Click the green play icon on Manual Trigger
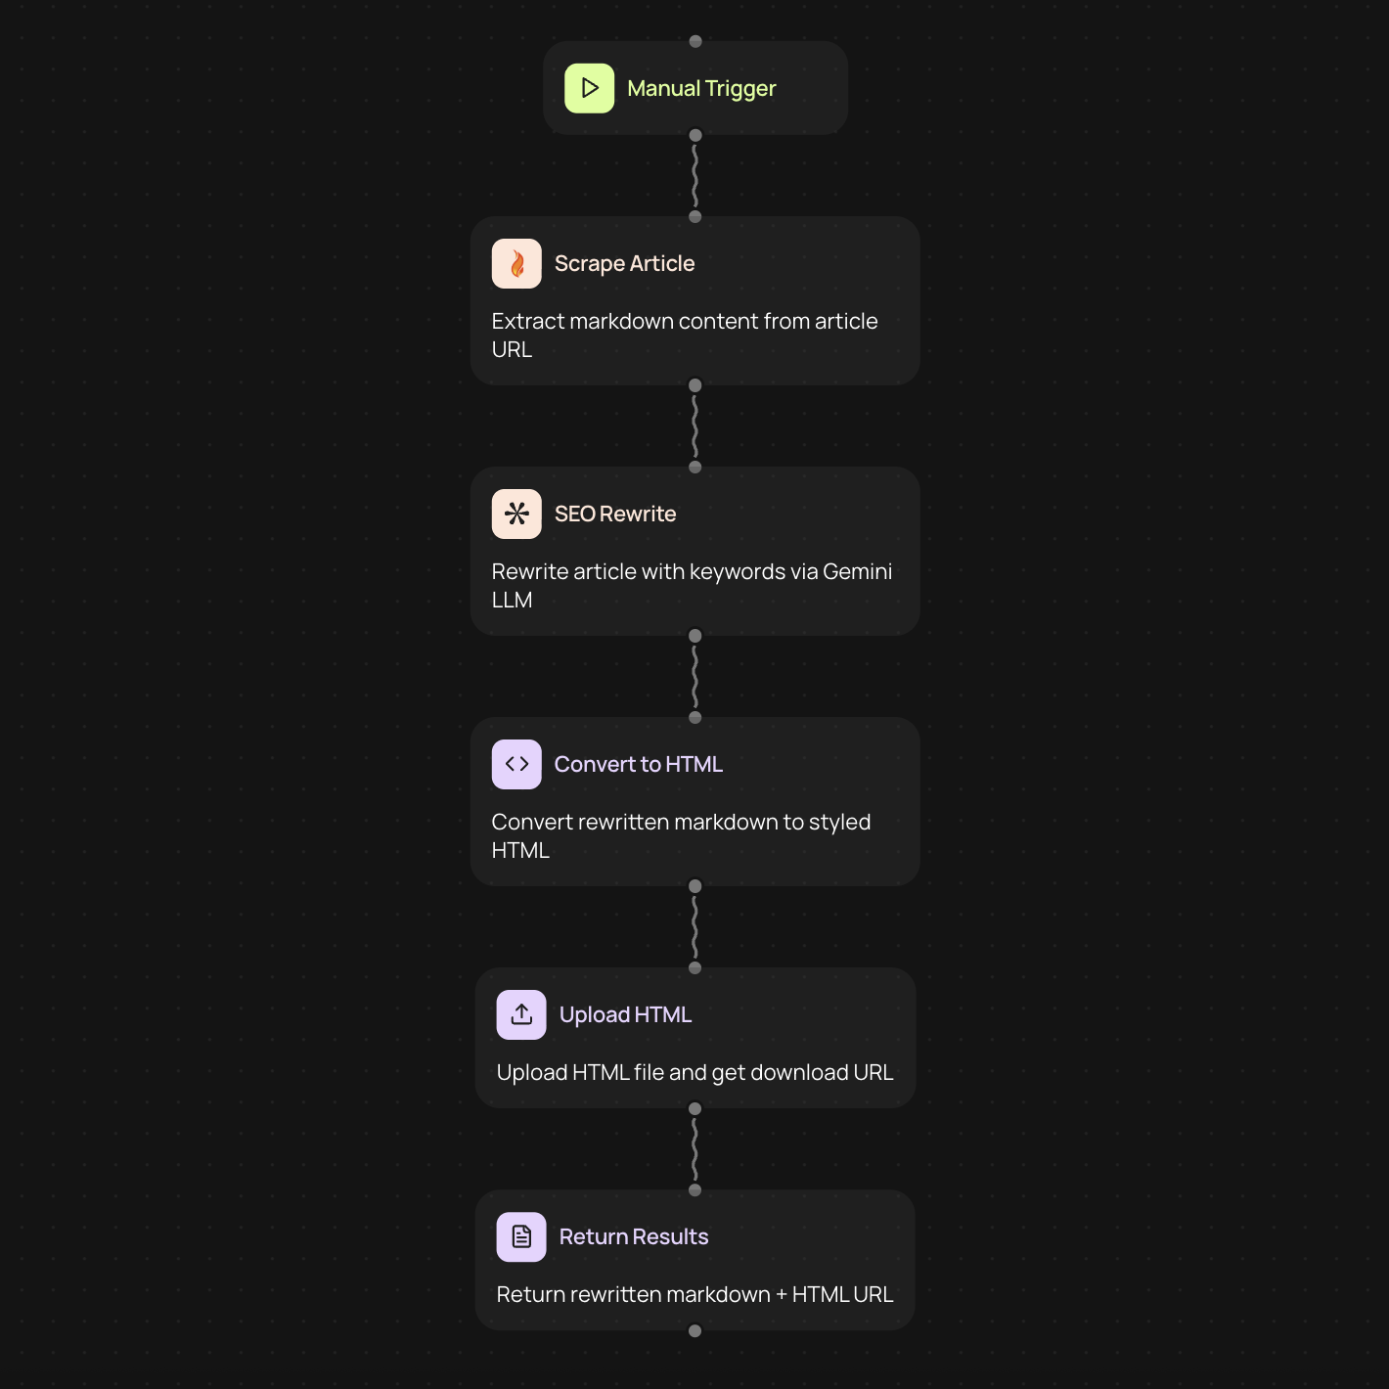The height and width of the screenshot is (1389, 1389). coord(589,88)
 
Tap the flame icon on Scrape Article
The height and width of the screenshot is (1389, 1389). coord(516,264)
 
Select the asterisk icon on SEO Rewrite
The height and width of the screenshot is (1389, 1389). coord(516,514)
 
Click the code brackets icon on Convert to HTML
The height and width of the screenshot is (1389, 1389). coord(516,764)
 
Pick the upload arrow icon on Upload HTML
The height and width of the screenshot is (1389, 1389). coord(521,1015)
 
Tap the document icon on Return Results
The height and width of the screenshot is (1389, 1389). coord(521,1237)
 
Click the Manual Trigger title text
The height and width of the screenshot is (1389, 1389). coord(701,89)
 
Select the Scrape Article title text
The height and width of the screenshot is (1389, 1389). coord(624,264)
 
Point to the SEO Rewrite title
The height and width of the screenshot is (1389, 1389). coord(615,514)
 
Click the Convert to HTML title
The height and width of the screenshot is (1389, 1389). coord(638,764)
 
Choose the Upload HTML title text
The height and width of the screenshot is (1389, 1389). coord(625,1015)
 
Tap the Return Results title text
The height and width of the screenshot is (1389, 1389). coord(634,1237)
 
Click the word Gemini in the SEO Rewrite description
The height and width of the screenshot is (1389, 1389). coord(857,571)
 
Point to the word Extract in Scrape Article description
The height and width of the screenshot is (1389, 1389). coord(527,321)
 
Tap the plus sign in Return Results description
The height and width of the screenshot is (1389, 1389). coord(782,1295)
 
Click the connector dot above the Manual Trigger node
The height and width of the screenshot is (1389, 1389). coord(694,41)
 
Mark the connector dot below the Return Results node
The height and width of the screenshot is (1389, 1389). coord(694,1330)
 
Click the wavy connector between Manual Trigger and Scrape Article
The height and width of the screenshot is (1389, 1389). coord(694,176)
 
